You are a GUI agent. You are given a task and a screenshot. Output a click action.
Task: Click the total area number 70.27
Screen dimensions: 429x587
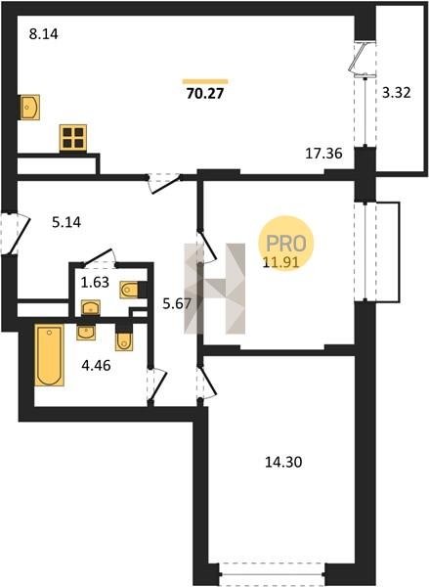(205, 93)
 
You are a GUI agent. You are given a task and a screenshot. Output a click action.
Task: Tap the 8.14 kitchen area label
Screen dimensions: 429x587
(44, 34)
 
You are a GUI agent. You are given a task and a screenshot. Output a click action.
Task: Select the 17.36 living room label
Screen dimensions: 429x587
(323, 154)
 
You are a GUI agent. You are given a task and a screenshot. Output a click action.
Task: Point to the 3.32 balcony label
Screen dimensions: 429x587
(396, 93)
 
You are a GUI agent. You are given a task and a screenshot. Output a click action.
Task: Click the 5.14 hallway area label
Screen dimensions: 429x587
(66, 223)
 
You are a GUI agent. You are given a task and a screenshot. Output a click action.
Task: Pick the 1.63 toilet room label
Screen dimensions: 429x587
(95, 283)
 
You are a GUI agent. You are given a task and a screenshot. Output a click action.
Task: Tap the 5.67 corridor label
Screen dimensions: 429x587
(177, 303)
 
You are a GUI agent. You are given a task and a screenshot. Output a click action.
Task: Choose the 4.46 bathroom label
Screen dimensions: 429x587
(96, 365)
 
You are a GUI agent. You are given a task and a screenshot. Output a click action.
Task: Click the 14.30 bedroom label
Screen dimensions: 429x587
(283, 463)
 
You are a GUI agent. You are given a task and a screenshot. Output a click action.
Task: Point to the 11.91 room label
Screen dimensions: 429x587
(280, 262)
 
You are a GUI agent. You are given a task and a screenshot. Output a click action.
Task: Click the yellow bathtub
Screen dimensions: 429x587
(49, 355)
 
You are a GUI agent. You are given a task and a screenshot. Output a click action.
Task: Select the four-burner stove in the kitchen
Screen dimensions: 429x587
(73, 138)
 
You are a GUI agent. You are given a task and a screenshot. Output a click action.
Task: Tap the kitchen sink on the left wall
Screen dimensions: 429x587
(29, 108)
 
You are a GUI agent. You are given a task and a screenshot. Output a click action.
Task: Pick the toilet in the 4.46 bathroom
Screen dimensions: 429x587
(124, 339)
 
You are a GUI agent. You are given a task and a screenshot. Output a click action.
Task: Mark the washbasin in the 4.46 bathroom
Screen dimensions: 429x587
(86, 333)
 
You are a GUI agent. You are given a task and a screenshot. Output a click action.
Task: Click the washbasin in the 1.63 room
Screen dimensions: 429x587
(91, 308)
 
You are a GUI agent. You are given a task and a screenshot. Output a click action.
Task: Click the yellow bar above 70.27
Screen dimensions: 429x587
(205, 81)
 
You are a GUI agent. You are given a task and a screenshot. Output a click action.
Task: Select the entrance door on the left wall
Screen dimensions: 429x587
(15, 233)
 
